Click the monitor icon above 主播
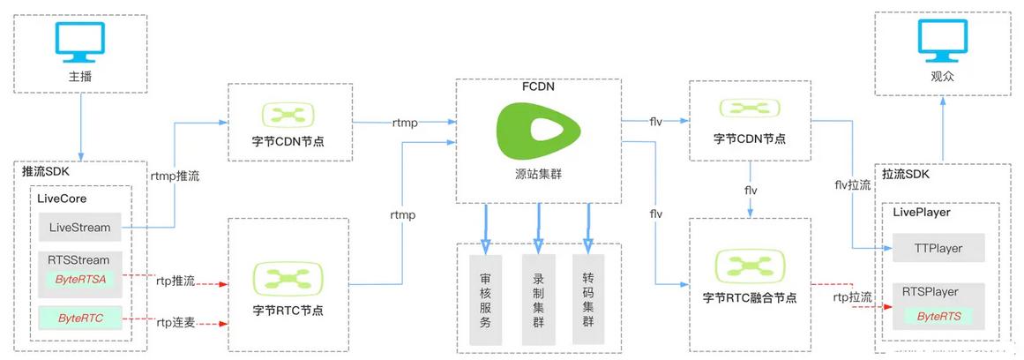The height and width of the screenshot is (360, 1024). pos(80,39)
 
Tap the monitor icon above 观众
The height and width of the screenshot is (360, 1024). pos(942,39)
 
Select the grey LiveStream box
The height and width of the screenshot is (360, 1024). pos(80,228)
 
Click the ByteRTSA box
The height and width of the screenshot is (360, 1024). pos(80,278)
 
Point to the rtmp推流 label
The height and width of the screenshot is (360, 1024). pos(176,176)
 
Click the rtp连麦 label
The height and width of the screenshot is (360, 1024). pos(175,322)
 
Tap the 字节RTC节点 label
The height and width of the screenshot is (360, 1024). pos(288,311)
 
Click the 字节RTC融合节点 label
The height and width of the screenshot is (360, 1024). pos(750,298)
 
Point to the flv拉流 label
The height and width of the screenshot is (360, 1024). pos(852,185)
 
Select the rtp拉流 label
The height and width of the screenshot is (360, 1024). pos(852,297)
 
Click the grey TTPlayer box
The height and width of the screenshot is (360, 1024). pos(938,249)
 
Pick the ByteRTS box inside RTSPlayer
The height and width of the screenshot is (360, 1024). pos(938,316)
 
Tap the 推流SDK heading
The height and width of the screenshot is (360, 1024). pos(48,172)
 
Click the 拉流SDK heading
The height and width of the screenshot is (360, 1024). pos(906,175)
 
